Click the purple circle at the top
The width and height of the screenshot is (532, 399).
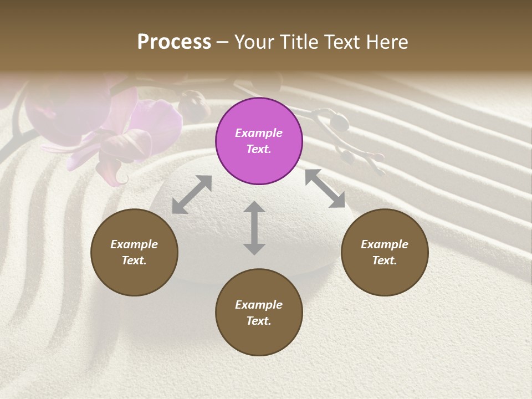259,141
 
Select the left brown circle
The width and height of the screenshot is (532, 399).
134,252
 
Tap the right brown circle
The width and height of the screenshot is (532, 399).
385,252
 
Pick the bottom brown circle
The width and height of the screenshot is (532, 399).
259,313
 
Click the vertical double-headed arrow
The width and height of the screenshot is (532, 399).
254,228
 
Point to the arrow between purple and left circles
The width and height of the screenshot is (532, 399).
192,195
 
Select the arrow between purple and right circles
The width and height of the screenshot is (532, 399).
325,188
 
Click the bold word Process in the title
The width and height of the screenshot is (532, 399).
174,42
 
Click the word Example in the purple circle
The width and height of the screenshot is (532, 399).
259,133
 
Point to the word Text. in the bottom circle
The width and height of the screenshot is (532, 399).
259,321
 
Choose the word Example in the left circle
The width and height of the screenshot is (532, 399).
134,244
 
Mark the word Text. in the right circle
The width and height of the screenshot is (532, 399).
385,260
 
